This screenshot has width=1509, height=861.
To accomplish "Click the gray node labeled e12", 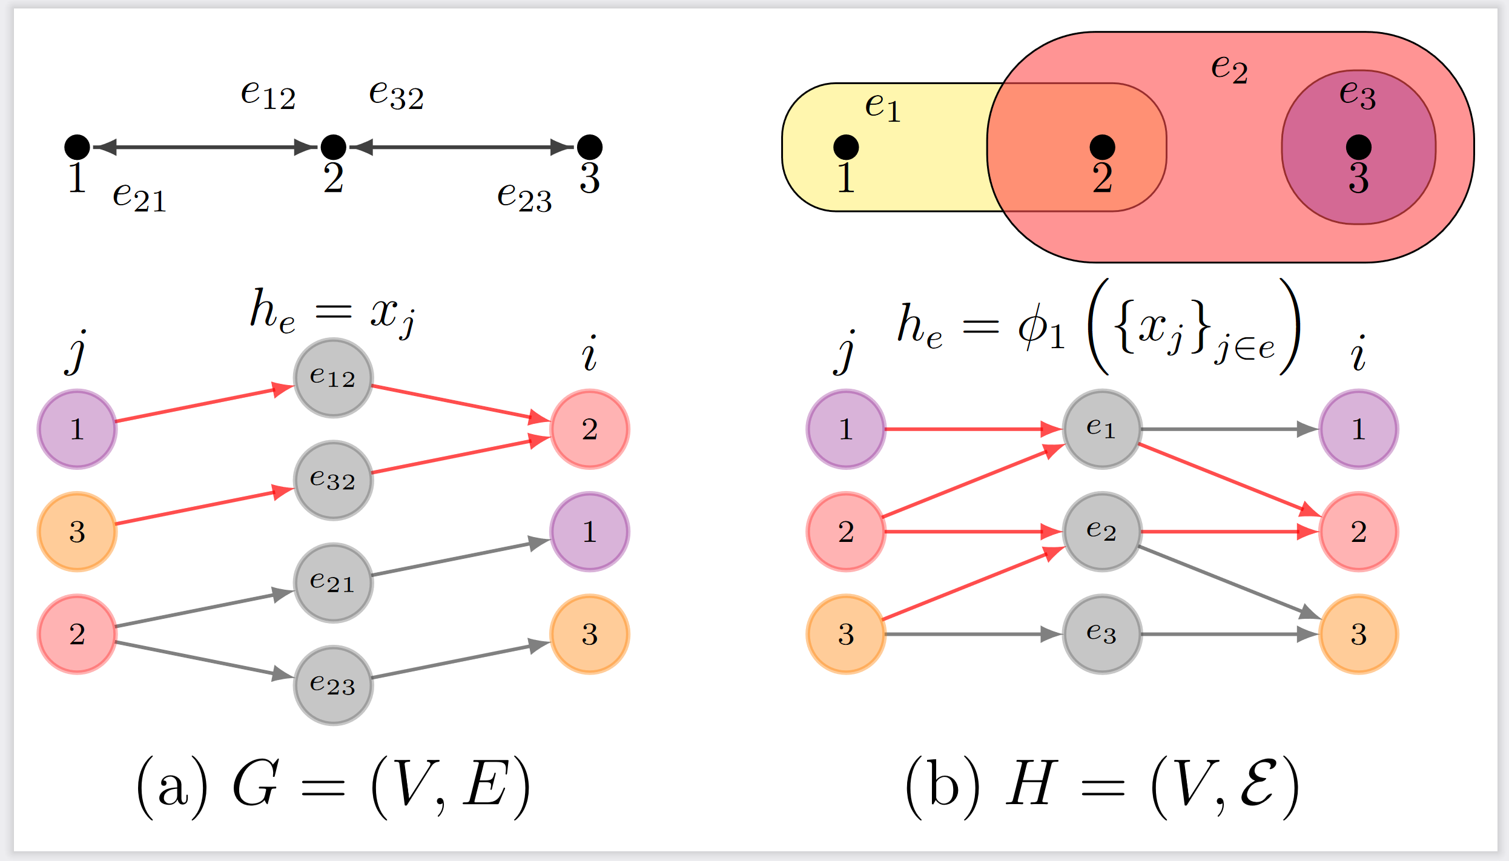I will coord(333,378).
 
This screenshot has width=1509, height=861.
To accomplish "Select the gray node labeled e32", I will coord(333,480).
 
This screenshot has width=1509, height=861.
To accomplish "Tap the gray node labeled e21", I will coord(333,582).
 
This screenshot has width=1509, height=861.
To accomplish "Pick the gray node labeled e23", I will coord(333,685).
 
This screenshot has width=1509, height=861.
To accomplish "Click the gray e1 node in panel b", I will coord(1102,429).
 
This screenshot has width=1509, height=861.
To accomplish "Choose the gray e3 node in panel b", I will coord(1102,634).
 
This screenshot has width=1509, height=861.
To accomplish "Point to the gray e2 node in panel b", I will coord(1102,532).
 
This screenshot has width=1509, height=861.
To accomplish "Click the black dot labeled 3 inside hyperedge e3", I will coord(1358,147).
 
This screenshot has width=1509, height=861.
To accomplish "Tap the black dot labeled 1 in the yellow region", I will coord(846,147).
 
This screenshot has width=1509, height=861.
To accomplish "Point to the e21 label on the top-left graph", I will coord(139,196).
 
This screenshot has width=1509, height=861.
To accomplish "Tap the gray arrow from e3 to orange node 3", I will coord(1229,634).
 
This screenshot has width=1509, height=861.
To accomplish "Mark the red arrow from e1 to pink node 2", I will coord(1229,480).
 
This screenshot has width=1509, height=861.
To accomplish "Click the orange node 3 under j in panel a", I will coord(77,532).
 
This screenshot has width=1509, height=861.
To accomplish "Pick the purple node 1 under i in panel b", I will coord(1358,429).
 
